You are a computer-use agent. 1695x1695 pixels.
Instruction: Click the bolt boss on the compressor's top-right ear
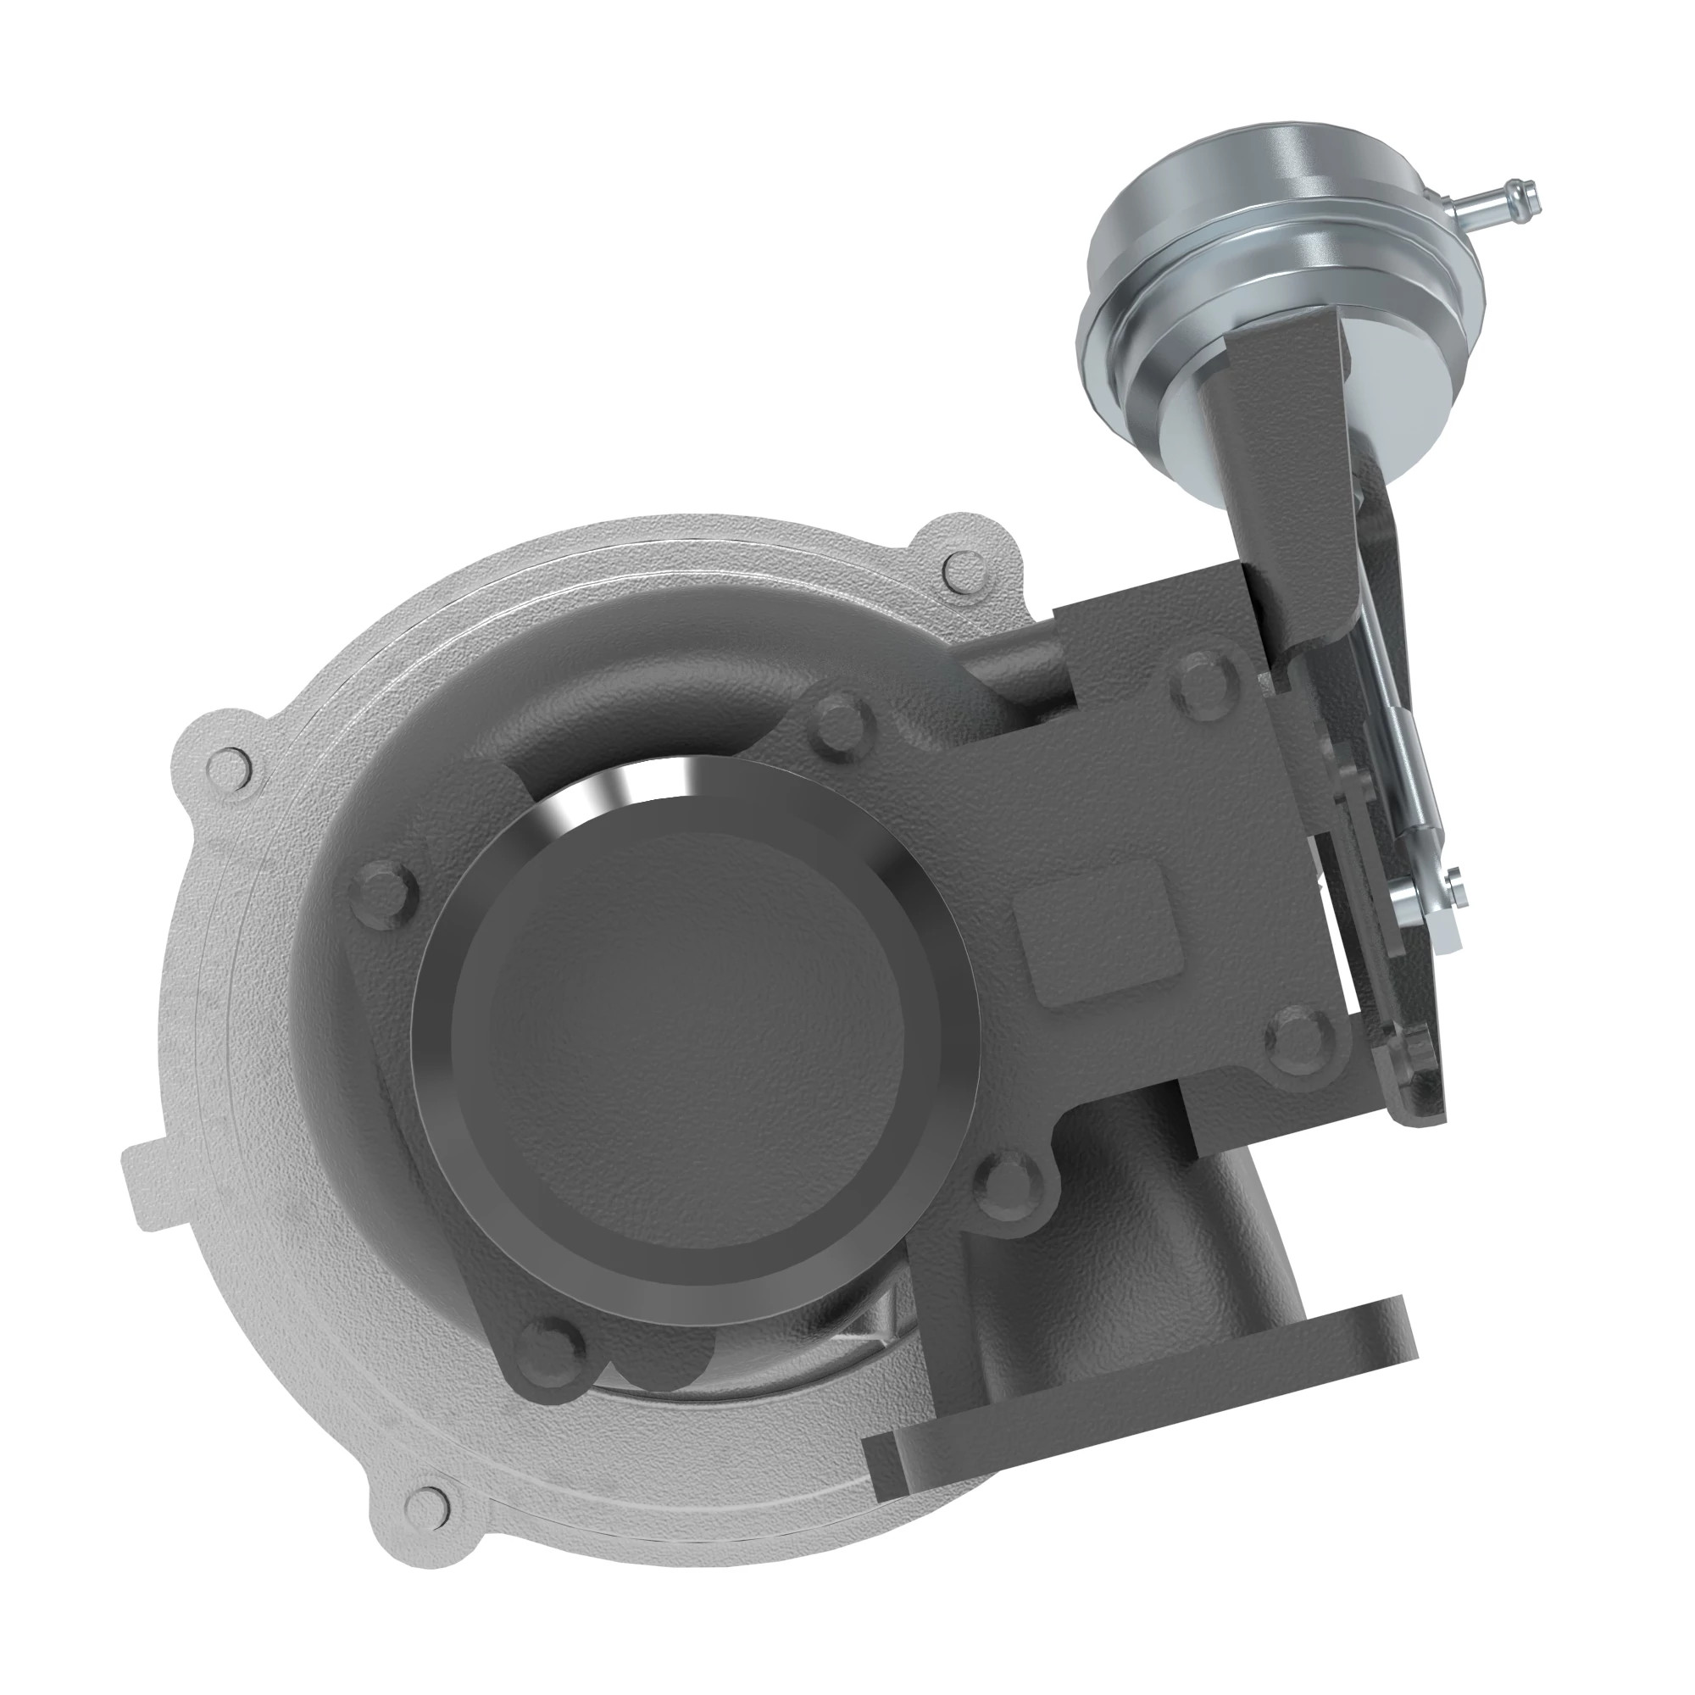coord(964,572)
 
